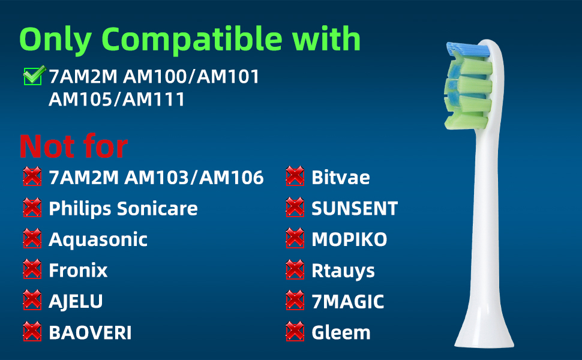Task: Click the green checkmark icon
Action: coord(35,76)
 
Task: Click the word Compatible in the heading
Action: coord(192,40)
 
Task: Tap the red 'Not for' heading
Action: coord(73,146)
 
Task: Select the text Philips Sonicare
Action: coord(123,209)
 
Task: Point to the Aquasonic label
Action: coord(98,240)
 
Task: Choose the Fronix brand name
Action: coord(79,270)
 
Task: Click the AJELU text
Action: coord(76,301)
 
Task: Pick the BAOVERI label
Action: coord(90,332)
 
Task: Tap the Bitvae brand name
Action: coord(341,178)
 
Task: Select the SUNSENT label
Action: coord(355,209)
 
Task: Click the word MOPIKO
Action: coord(349,239)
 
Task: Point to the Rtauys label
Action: coord(343,271)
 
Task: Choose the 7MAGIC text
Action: coord(348,301)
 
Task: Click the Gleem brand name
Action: coord(341,332)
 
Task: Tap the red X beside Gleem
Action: coord(295,331)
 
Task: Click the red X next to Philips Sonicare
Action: coord(32,208)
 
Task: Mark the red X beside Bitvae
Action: coord(295,176)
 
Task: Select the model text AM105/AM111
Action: coord(116,100)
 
